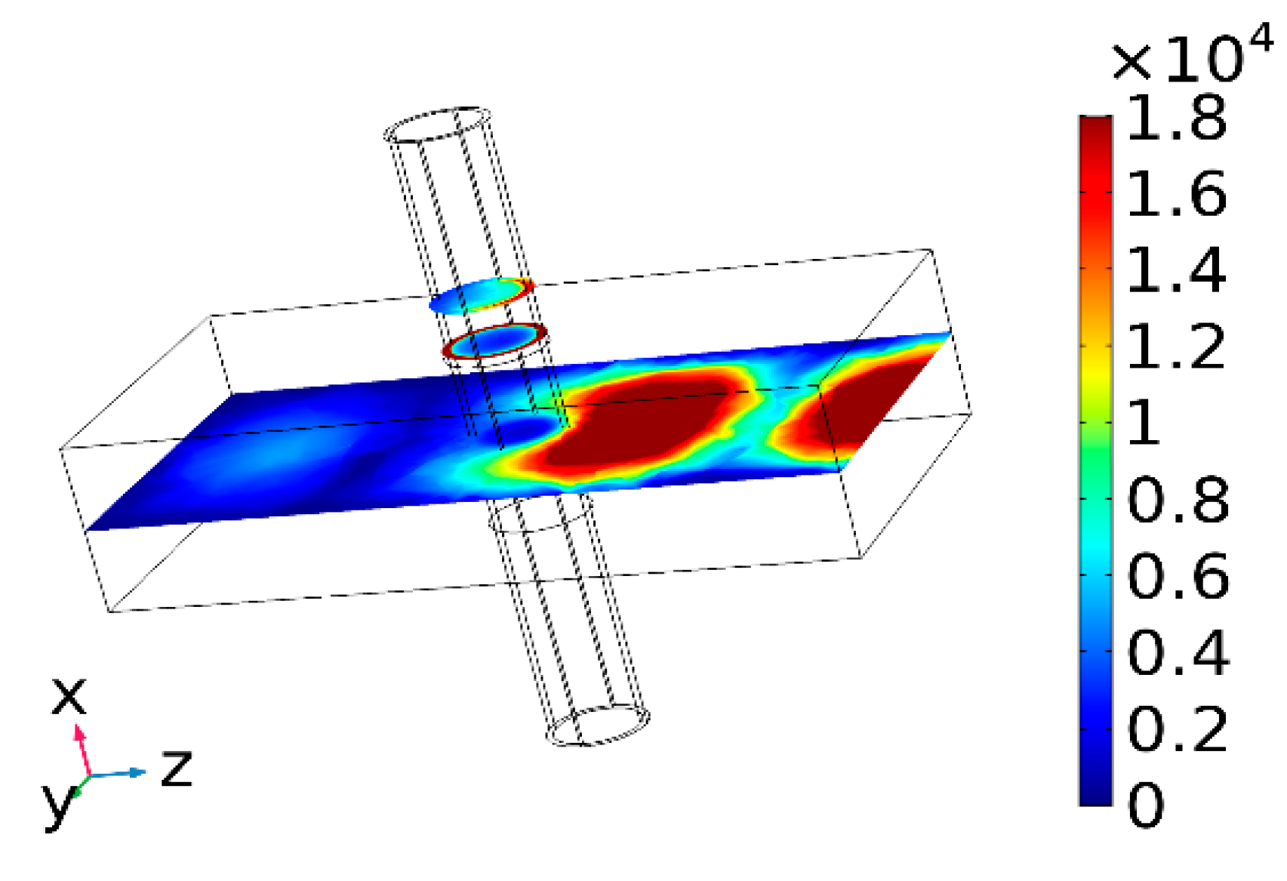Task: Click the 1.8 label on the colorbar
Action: point(1177,117)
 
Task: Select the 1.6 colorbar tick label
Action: point(1177,194)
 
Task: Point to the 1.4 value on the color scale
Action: point(1177,271)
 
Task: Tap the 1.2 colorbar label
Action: point(1177,347)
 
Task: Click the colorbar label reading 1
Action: point(1144,424)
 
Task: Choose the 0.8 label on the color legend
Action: point(1178,500)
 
